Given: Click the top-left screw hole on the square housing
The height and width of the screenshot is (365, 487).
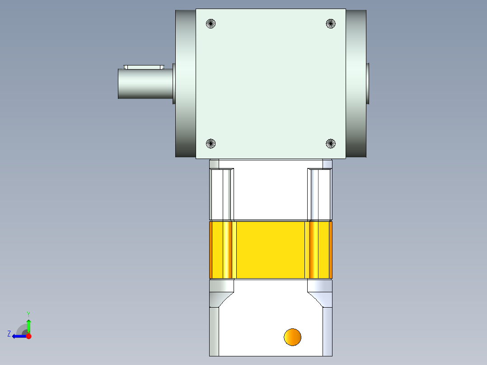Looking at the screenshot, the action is pos(211,23).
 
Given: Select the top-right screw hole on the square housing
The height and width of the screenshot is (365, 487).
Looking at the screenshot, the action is pos(331,23).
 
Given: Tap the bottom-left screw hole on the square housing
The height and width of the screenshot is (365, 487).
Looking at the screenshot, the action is pos(211,144).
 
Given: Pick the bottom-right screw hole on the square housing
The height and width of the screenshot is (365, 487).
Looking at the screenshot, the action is pos(331,144).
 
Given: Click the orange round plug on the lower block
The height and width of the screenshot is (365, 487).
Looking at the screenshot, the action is pos(293,337).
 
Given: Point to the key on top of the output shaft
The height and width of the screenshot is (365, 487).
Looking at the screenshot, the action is pos(144,67).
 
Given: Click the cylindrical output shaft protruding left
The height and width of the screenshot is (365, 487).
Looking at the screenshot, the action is pos(145,84).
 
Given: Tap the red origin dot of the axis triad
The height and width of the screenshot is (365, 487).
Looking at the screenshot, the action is pos(29,336).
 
